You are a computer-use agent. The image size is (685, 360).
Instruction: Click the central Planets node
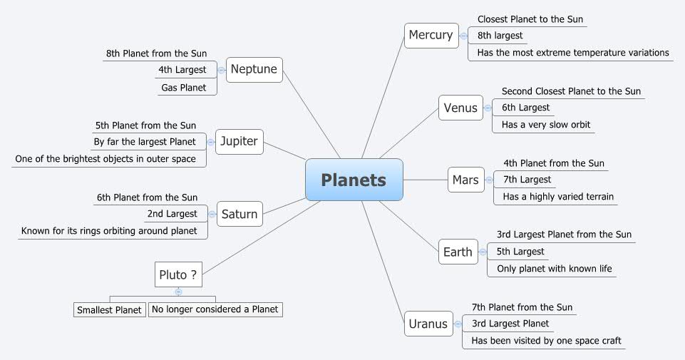click(354, 180)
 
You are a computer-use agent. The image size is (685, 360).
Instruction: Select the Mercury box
click(431, 35)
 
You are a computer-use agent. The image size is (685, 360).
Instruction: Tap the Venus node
click(460, 108)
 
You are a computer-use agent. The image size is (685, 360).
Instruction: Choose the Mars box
click(465, 180)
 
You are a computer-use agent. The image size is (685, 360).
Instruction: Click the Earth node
click(458, 252)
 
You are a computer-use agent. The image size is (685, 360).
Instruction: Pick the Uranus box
click(428, 324)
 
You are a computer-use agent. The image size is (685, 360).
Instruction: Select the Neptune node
click(254, 70)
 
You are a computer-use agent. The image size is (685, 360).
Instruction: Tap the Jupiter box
click(238, 141)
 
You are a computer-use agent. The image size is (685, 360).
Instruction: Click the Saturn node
click(240, 214)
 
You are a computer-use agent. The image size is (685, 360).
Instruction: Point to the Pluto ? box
click(177, 274)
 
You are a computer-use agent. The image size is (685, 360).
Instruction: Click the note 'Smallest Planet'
click(109, 309)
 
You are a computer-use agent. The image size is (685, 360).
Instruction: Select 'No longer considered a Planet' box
click(215, 309)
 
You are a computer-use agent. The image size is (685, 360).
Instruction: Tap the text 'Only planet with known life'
click(555, 269)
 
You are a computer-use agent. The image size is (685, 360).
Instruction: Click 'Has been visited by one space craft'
click(546, 341)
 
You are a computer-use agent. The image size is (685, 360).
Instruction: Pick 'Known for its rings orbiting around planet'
click(109, 231)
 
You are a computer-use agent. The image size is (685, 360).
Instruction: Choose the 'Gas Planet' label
click(183, 88)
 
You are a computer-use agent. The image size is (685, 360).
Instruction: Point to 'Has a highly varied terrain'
click(558, 197)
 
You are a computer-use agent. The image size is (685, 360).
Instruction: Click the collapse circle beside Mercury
click(463, 35)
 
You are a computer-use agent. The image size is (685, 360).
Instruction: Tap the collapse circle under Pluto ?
click(178, 292)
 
